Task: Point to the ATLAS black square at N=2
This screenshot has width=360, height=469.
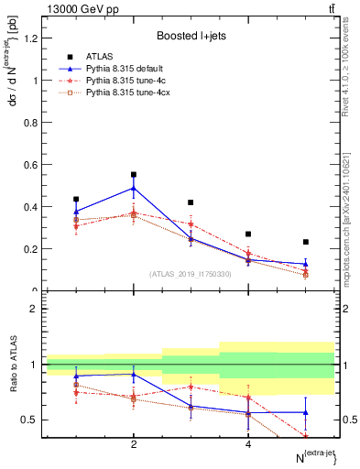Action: (134, 174)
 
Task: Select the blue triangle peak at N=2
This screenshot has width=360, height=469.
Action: (134, 188)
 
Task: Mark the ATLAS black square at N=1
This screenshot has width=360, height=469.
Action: (76, 199)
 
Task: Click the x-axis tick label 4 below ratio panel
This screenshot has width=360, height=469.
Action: (248, 445)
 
